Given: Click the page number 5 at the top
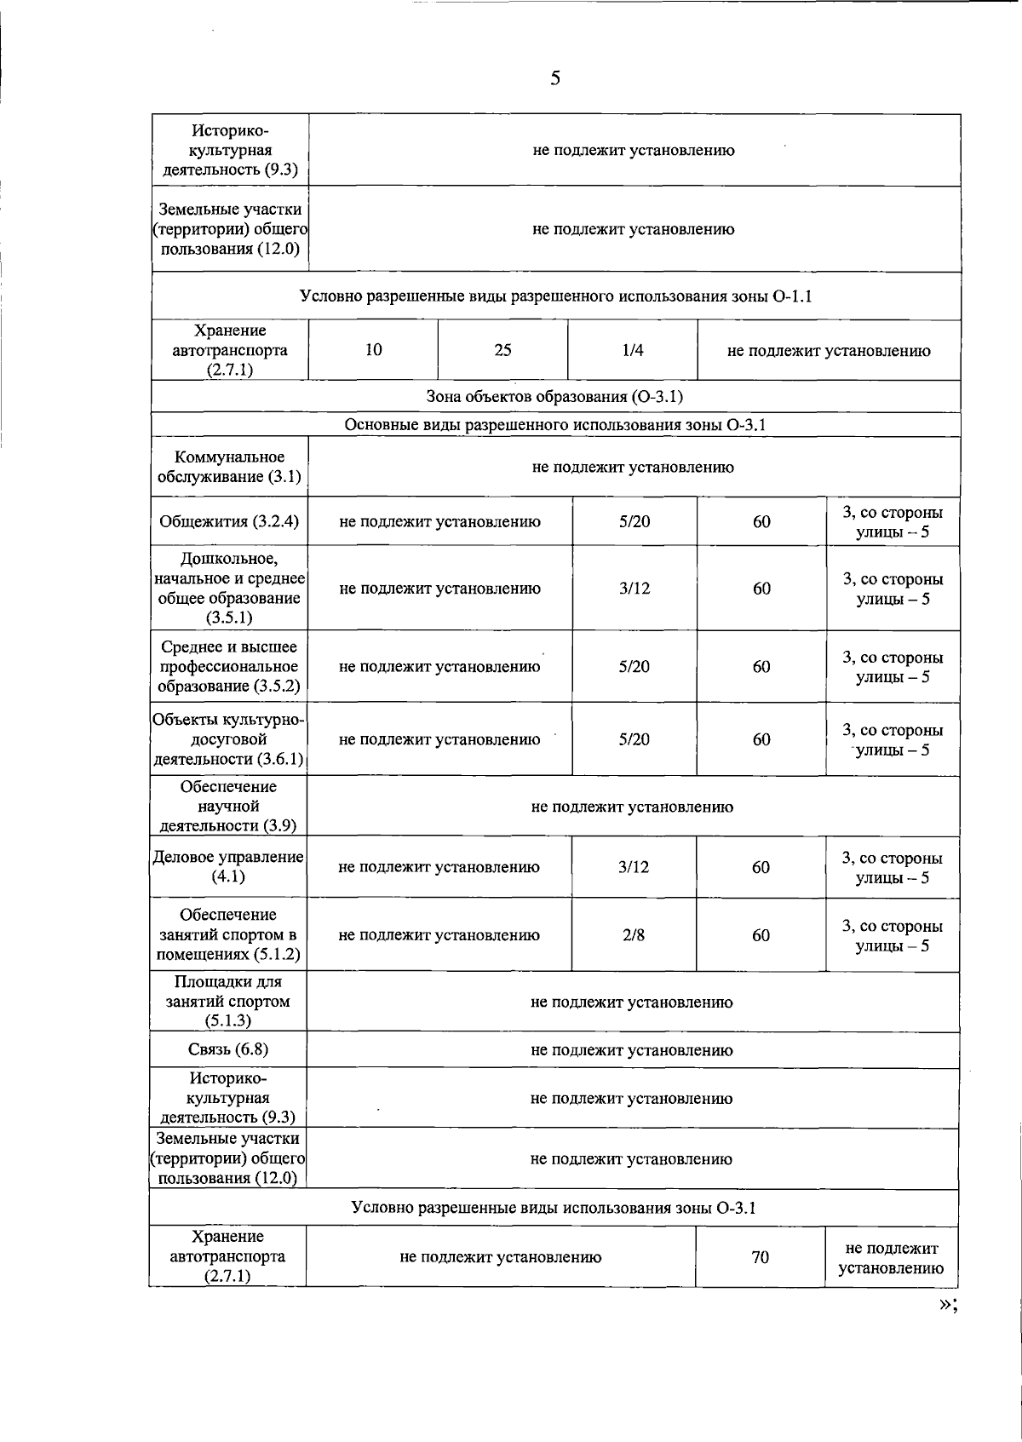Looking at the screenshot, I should click(x=555, y=79).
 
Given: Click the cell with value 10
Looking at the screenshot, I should click(x=373, y=350).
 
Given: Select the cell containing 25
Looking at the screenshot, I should click(x=502, y=350).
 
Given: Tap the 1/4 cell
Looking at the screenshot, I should click(x=633, y=350).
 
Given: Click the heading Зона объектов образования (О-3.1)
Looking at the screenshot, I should click(x=554, y=397).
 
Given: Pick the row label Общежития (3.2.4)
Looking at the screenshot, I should click(x=229, y=521).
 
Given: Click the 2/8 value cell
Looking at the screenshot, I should click(x=634, y=935).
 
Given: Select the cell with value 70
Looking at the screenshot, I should click(x=761, y=1257).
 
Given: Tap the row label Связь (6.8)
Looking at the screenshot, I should click(x=228, y=1049).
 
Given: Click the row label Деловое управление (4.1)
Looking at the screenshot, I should click(x=228, y=866).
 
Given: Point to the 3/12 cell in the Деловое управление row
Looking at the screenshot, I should click(x=634, y=867).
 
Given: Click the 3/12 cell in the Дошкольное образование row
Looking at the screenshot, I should click(x=634, y=589).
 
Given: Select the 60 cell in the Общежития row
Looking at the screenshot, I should click(x=761, y=521).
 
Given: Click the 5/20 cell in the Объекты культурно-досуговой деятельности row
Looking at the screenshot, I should click(x=634, y=739).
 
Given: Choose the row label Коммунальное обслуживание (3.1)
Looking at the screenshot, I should click(x=229, y=467).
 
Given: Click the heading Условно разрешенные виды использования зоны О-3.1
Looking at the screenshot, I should click(x=554, y=1208).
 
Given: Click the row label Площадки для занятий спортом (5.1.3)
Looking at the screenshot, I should click(x=228, y=1002).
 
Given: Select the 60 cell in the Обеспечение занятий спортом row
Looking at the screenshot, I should click(x=761, y=935).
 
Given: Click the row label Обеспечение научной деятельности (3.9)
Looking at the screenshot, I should click(x=228, y=806).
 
